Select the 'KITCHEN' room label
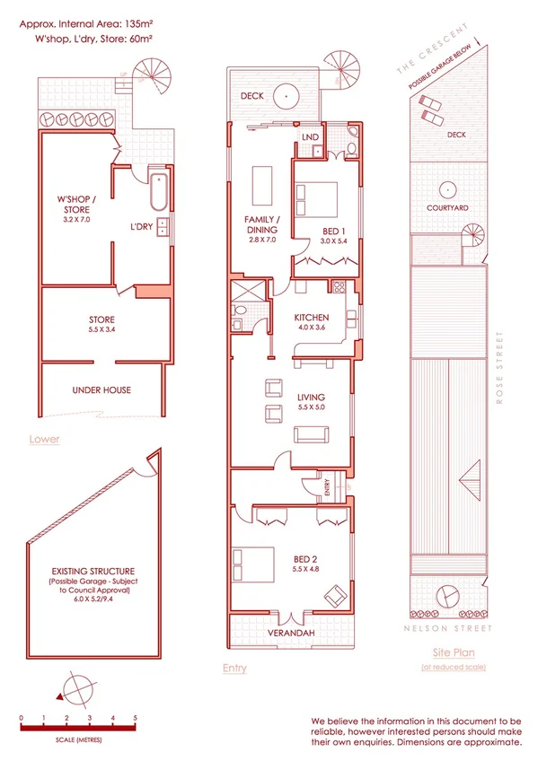(x=312, y=318)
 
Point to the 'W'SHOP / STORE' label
(x=76, y=206)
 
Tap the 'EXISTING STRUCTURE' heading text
(x=93, y=571)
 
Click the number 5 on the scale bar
(x=136, y=718)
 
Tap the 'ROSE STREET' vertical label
(x=499, y=369)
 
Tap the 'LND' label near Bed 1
(x=311, y=136)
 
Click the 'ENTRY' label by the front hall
(x=328, y=488)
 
